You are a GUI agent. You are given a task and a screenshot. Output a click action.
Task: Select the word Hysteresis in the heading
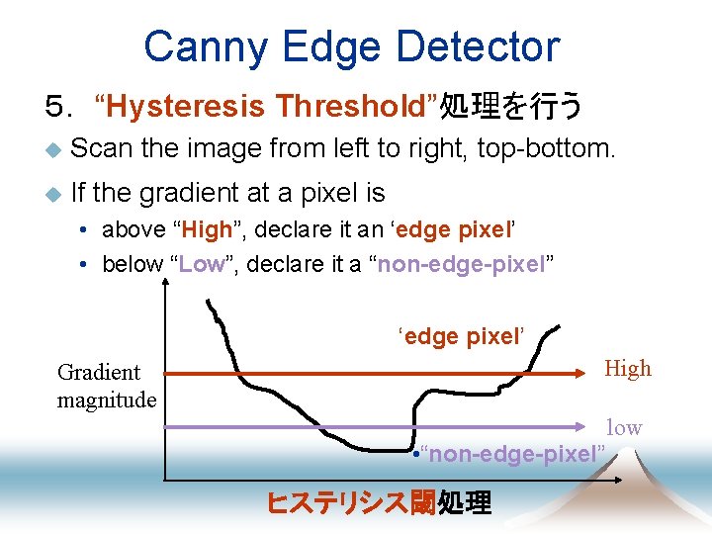[x=184, y=105]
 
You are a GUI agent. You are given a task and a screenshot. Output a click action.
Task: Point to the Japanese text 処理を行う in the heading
[x=511, y=105]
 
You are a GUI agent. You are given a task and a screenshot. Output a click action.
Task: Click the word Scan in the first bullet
[x=103, y=149]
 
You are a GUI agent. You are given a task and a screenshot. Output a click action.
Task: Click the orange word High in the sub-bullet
[x=206, y=229]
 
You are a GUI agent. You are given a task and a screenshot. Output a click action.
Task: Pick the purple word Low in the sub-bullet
[x=203, y=264]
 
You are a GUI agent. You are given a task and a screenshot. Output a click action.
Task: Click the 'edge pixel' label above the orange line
[x=460, y=335]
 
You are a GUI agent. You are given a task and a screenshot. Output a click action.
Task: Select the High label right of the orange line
[x=628, y=369]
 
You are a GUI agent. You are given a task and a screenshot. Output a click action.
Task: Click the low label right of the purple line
[x=624, y=427]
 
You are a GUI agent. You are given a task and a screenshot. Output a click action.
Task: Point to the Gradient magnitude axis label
[x=106, y=386]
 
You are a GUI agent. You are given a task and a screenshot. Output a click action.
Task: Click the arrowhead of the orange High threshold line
[x=583, y=375]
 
